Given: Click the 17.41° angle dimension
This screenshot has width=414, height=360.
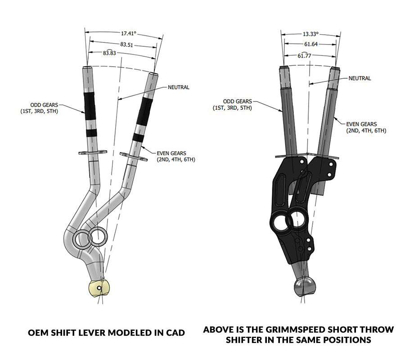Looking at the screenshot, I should [x=129, y=33].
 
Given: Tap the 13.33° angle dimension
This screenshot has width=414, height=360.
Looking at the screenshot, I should [x=310, y=34].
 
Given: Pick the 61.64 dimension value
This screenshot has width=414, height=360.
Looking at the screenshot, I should [x=310, y=44].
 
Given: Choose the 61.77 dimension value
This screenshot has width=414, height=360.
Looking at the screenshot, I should [x=304, y=55].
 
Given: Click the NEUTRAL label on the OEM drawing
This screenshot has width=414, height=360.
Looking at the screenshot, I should [x=178, y=87].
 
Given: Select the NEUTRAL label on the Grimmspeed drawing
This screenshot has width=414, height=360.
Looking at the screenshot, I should [x=360, y=78].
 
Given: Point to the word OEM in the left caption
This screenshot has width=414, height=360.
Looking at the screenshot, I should [x=39, y=333].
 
